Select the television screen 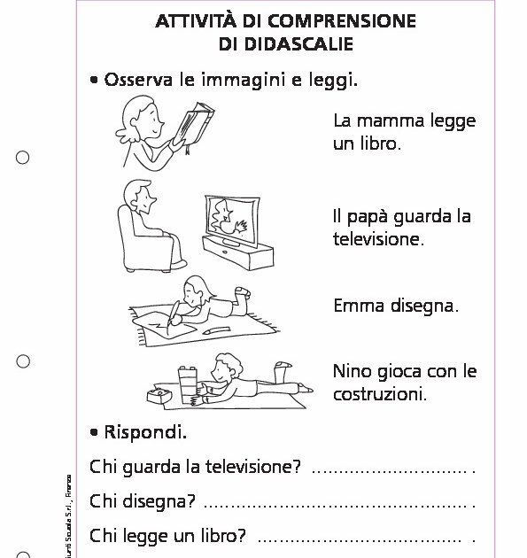tap(229, 216)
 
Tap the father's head tap(139, 196)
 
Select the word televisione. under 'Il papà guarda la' tap(379, 238)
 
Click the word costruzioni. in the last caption tap(380, 392)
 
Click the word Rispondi tap(145, 433)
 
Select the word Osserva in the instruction tap(138, 81)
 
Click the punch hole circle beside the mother tap(23, 158)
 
